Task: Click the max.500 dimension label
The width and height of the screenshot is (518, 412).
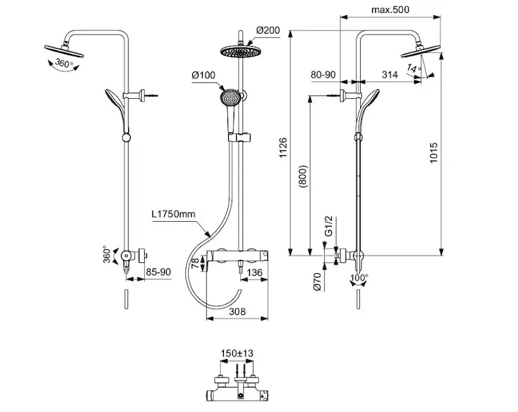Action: coord(390,10)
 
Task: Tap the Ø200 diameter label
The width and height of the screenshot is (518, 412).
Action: coord(268,30)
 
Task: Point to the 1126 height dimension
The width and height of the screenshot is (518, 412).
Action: coord(283,148)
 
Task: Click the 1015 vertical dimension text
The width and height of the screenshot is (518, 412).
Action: coord(433,152)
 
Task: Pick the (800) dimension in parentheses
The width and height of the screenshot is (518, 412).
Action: coord(303,176)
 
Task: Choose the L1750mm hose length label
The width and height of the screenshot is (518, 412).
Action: coord(173,214)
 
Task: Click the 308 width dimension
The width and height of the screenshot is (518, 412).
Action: coord(237,311)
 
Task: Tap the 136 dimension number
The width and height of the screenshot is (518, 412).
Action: coord(254,273)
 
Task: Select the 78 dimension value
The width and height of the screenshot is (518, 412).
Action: coord(195,263)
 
